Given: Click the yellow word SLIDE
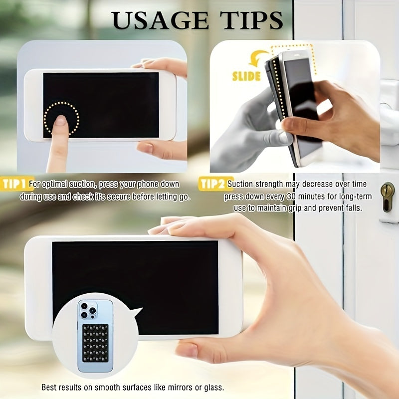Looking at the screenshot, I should (246, 76).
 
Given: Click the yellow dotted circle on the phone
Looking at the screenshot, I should (61, 119).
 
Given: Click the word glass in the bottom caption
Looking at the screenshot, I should (212, 388).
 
